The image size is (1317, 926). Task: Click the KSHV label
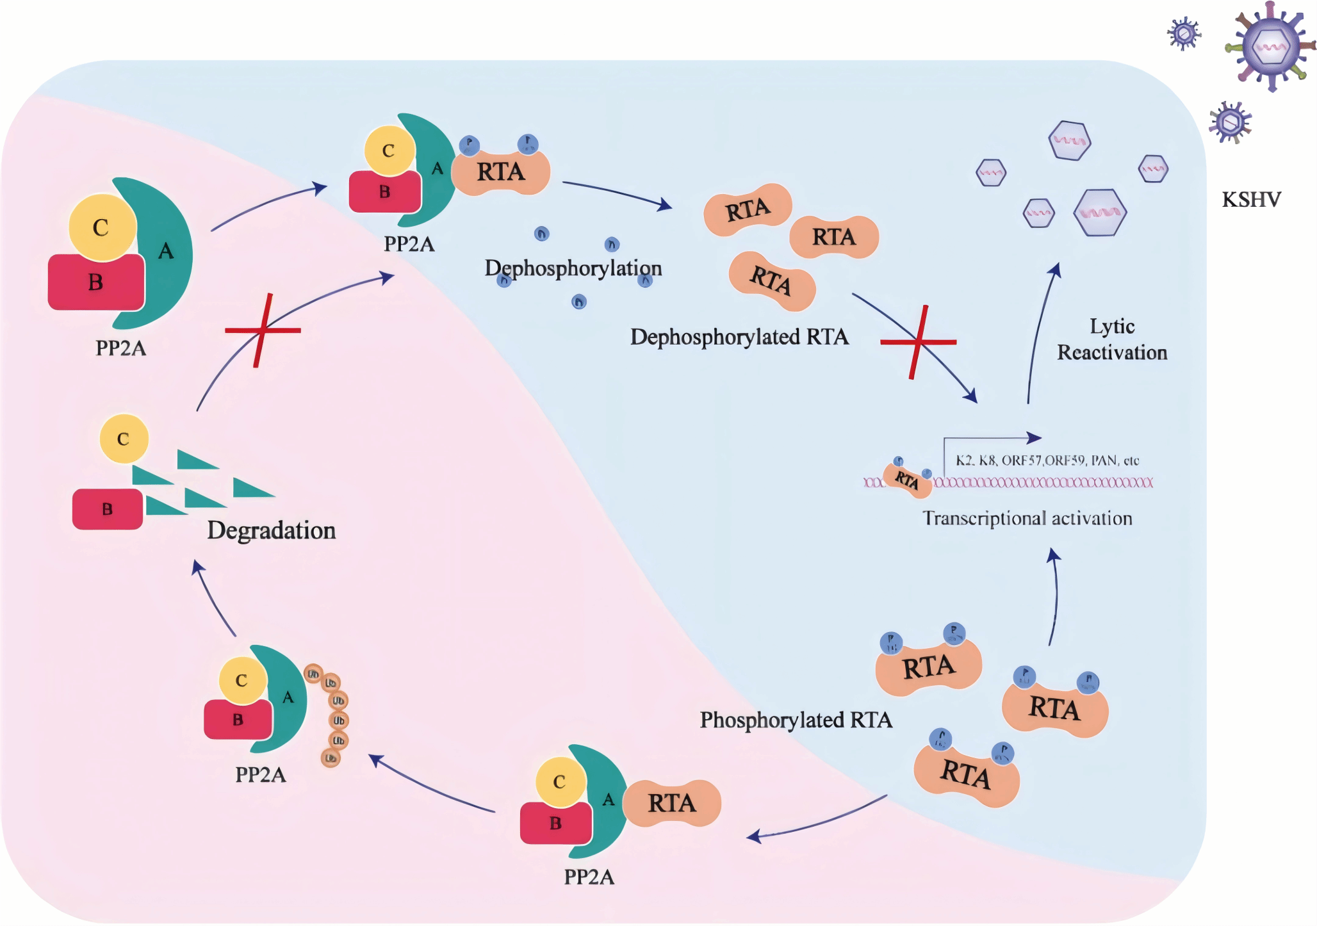pos(1251,200)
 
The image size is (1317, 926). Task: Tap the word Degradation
pos(271,530)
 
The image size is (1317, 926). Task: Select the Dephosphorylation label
pos(573,268)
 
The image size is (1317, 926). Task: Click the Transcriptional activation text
pos(1027,518)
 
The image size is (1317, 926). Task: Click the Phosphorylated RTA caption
pos(796,720)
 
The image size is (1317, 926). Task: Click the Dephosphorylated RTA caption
pos(739,337)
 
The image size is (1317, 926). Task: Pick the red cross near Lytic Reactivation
pos(919,342)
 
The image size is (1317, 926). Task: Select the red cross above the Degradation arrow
pos(263,330)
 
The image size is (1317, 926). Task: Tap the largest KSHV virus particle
pos(1271,47)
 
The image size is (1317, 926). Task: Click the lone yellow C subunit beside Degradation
pos(124,439)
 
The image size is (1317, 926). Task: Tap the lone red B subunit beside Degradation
pos(107,509)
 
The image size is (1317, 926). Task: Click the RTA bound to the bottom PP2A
pos(671,803)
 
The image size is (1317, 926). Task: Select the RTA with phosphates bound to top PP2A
pos(501,172)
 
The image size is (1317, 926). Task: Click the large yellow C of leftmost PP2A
pos(101,227)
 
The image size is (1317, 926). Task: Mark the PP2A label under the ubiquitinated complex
pos(260,775)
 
